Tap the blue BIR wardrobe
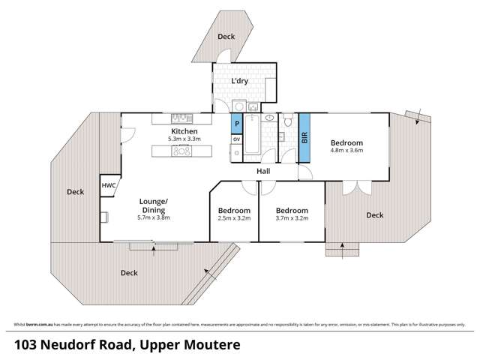click(304, 137)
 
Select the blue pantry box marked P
click(236, 124)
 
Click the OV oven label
click(236, 139)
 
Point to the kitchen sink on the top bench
click(179, 117)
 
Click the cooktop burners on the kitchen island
click(181, 151)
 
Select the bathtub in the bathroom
click(253, 135)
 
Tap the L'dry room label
click(239, 80)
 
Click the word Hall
click(263, 171)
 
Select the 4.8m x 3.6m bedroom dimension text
click(346, 150)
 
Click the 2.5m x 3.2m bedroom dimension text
click(233, 218)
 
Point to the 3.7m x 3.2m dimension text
click(291, 218)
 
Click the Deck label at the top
click(225, 36)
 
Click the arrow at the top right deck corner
click(419, 115)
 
